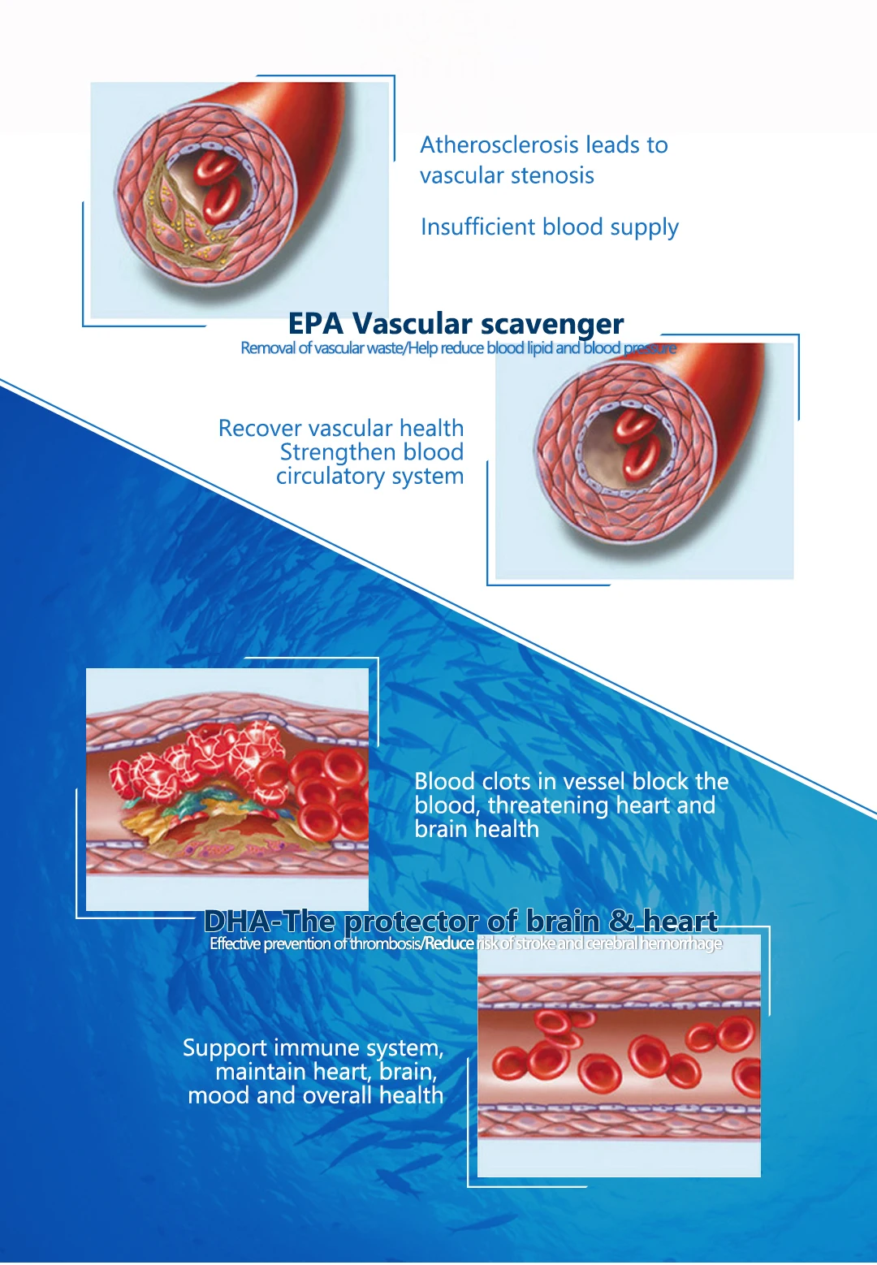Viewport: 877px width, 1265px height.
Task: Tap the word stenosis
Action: (x=551, y=175)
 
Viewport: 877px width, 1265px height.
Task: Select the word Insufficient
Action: (x=477, y=227)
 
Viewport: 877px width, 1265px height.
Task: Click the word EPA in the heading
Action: (x=316, y=324)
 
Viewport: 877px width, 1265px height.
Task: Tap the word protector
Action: (x=411, y=922)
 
